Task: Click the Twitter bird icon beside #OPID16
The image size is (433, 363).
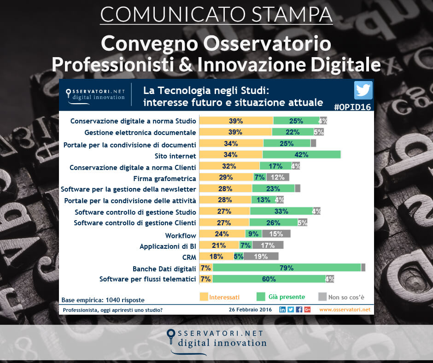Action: point(363,90)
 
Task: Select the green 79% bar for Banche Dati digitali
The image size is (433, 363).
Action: point(287,268)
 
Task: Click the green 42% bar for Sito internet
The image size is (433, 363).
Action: point(301,155)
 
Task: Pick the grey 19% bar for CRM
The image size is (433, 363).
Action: point(261,257)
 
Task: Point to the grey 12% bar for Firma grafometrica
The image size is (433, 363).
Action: point(278,177)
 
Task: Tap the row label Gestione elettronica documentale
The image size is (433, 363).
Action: point(140,132)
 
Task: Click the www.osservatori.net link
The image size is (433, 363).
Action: point(345,310)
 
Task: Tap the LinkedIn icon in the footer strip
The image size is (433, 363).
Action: point(282,310)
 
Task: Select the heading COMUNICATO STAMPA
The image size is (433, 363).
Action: point(216,14)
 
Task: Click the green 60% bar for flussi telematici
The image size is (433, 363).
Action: point(269,279)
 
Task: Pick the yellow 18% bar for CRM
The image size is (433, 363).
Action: point(216,257)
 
